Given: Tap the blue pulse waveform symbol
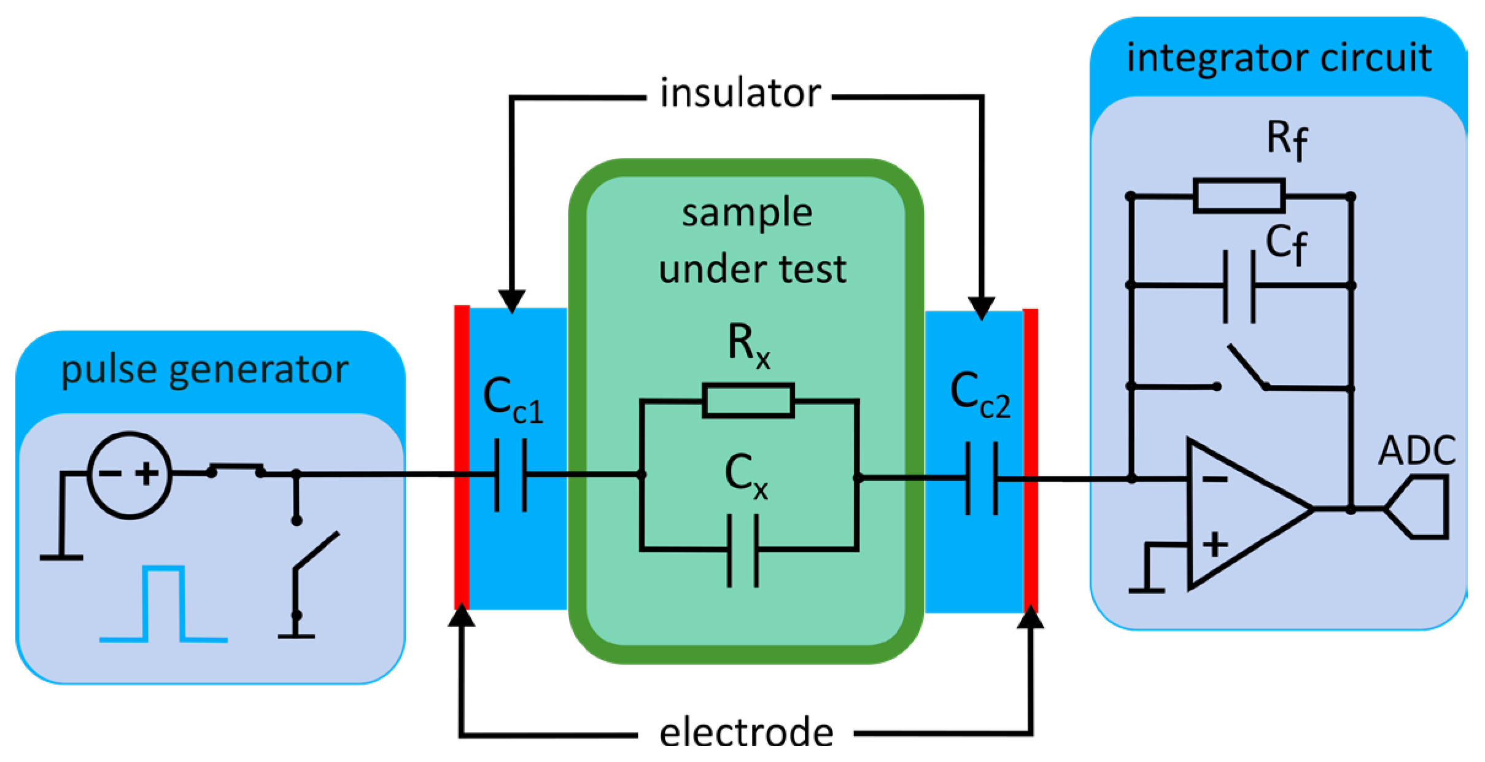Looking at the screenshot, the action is click(163, 604).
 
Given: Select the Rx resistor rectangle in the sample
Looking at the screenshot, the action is click(748, 401).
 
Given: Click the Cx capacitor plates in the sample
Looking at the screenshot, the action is click(743, 551).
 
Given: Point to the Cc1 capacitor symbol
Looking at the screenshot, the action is click(511, 475).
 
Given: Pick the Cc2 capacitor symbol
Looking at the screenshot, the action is click(982, 478).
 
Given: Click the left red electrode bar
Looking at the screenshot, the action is click(462, 457).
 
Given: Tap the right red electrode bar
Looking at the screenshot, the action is click(1031, 461).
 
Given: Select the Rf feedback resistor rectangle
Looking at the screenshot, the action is click(1239, 196).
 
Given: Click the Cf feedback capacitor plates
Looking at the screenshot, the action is click(1239, 286).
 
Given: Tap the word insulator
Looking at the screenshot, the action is click(740, 94).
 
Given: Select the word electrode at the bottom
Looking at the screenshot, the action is click(746, 733).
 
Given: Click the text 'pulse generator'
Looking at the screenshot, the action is click(205, 370).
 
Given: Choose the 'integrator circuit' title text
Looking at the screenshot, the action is click(1279, 58).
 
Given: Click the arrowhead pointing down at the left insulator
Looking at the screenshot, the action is click(511, 301).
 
